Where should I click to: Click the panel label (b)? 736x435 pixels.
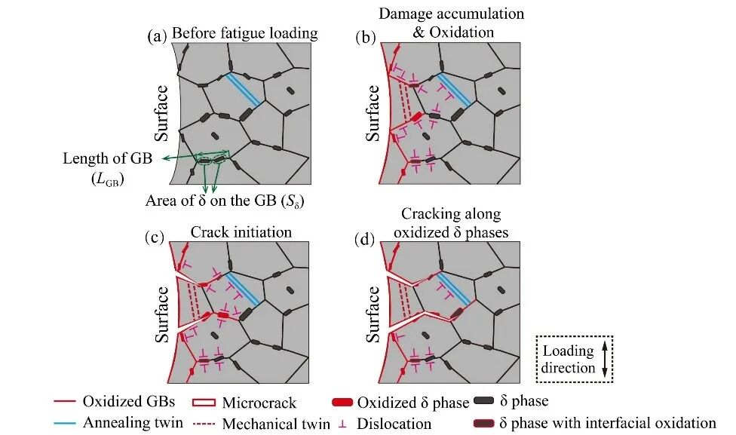(366, 37)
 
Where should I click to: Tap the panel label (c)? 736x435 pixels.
(155, 237)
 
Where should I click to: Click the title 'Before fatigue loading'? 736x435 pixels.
(244, 33)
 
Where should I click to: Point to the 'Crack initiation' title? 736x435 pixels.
(241, 232)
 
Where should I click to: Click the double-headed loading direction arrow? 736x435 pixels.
(605, 360)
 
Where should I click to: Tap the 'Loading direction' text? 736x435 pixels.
(568, 360)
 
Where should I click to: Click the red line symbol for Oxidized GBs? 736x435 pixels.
(65, 402)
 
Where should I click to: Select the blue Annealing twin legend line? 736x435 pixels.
(65, 423)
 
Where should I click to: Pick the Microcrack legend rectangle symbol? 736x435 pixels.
(204, 403)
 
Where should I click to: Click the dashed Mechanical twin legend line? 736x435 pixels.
(204, 424)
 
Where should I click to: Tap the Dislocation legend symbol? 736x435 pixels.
(343, 424)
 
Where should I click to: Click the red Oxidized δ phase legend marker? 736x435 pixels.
(342, 402)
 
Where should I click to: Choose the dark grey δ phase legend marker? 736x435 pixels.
(484, 401)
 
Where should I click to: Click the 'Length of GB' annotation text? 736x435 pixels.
(108, 158)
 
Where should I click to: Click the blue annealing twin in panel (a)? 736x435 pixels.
(243, 89)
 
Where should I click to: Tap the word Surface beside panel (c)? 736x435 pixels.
(162, 314)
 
